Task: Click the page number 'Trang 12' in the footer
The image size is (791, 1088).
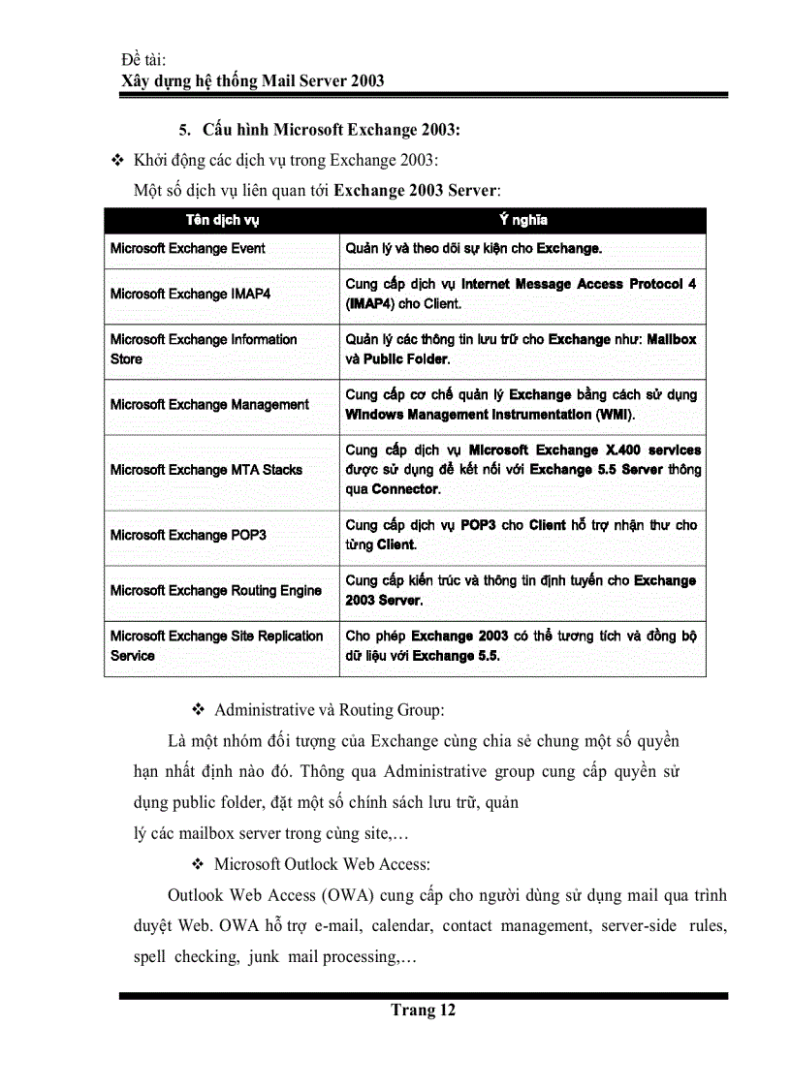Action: click(423, 1010)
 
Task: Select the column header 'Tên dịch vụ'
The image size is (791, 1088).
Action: click(222, 220)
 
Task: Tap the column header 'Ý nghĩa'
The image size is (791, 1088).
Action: click(522, 220)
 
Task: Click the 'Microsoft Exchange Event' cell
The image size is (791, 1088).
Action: click(187, 248)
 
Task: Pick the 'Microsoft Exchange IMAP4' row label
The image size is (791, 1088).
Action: click(190, 294)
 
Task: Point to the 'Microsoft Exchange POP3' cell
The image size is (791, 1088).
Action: click(188, 535)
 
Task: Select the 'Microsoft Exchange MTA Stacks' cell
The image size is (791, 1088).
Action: click(206, 470)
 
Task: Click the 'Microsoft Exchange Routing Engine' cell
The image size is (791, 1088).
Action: click(215, 590)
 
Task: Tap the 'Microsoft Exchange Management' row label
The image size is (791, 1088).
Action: click(209, 405)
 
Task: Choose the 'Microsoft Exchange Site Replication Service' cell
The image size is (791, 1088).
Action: click(216, 645)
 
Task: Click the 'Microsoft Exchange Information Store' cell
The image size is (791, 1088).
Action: click(204, 349)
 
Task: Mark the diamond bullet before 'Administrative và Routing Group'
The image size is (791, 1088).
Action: click(197, 710)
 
